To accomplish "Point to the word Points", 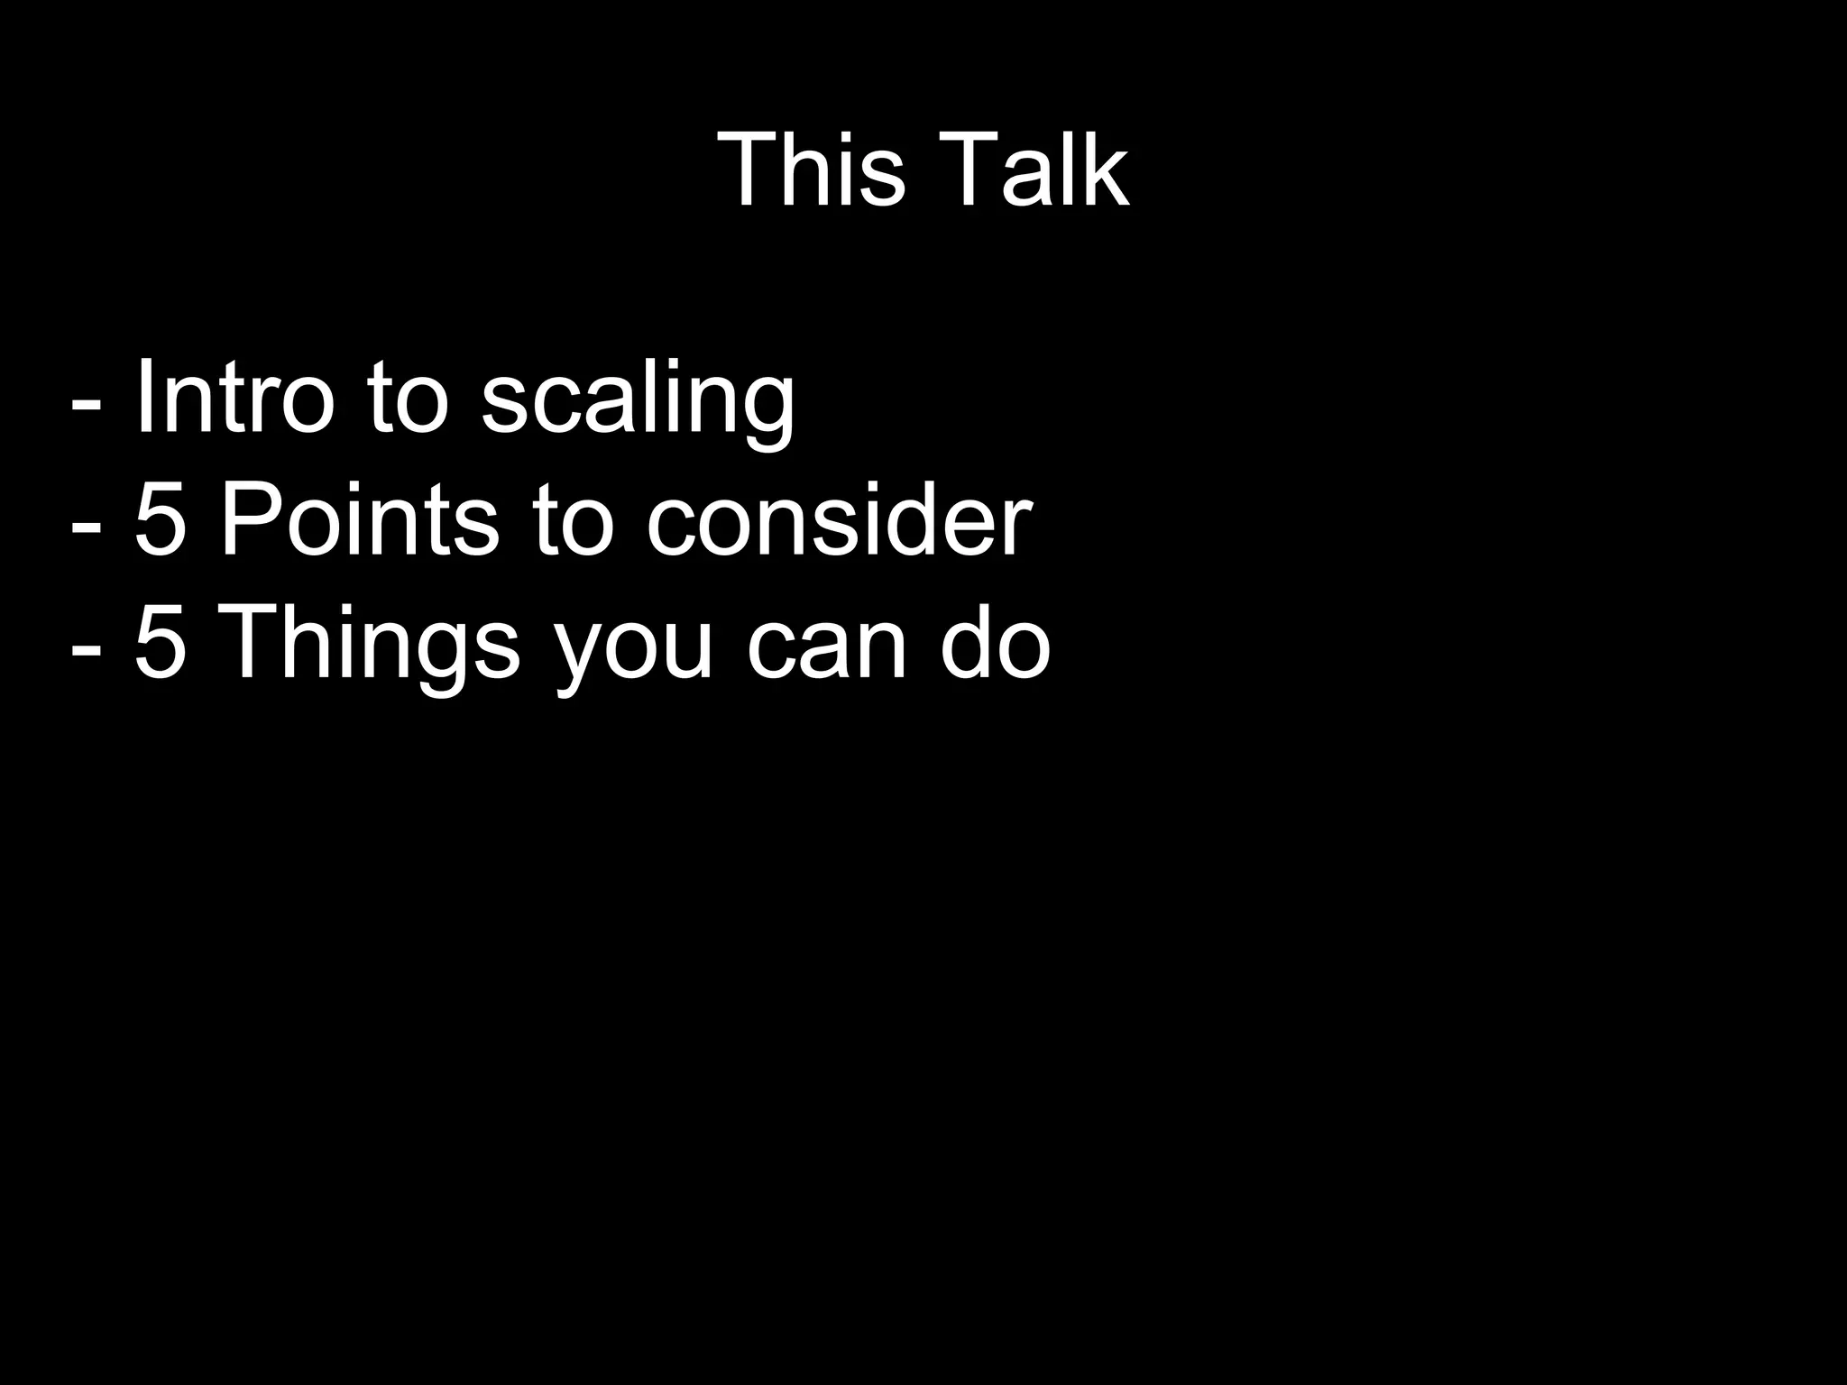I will pyautogui.click(x=359, y=520).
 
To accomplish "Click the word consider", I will pyautogui.click(x=839, y=520).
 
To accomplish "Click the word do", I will pyautogui.click(x=996, y=643).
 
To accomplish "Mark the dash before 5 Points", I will pyautogui.click(x=86, y=527).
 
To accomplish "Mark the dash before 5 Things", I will pyautogui.click(x=86, y=649).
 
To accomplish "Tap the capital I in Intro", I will pyautogui.click(x=144, y=398).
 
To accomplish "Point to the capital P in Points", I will pyautogui.click(x=246, y=520).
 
